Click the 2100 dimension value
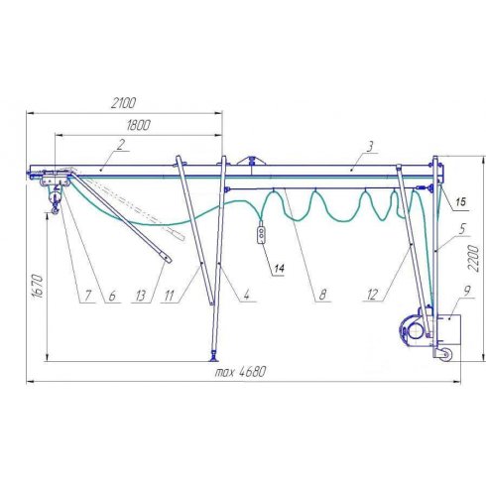[x=123, y=103]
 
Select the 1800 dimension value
[x=138, y=125]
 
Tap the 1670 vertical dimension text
[x=38, y=286]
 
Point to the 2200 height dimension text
[x=474, y=259]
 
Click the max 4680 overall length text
[x=240, y=372]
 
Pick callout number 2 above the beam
[x=121, y=145]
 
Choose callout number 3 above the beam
[x=370, y=146]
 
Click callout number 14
[x=279, y=268]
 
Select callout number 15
[x=460, y=201]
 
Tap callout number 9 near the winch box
[x=467, y=291]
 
